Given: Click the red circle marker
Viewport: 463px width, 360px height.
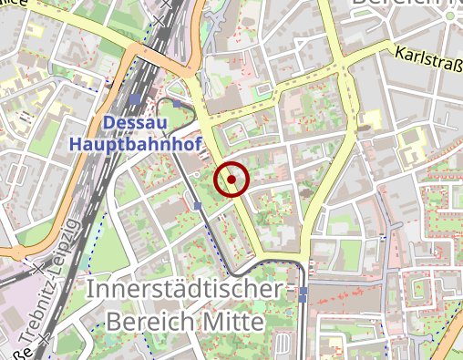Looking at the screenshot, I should [x=231, y=180].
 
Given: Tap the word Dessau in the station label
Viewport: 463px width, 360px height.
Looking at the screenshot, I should [x=134, y=123].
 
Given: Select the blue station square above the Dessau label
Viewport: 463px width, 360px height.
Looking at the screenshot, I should [x=135, y=99].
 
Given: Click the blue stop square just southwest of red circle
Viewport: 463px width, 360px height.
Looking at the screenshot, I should [x=198, y=206].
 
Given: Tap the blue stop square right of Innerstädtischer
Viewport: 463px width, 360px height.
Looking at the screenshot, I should [x=303, y=293].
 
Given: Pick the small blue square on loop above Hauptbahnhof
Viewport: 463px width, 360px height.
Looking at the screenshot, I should [x=177, y=104].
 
